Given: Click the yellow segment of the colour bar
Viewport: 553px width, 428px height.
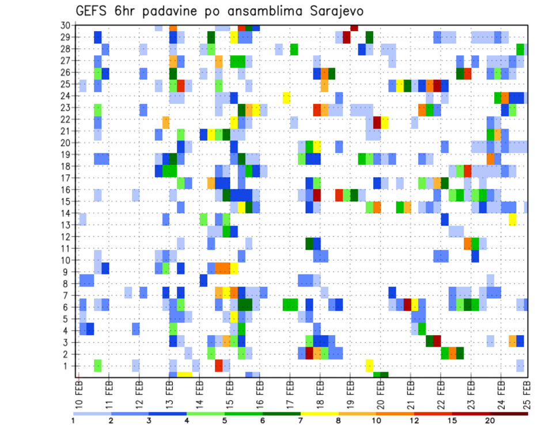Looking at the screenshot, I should click(x=320, y=413).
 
